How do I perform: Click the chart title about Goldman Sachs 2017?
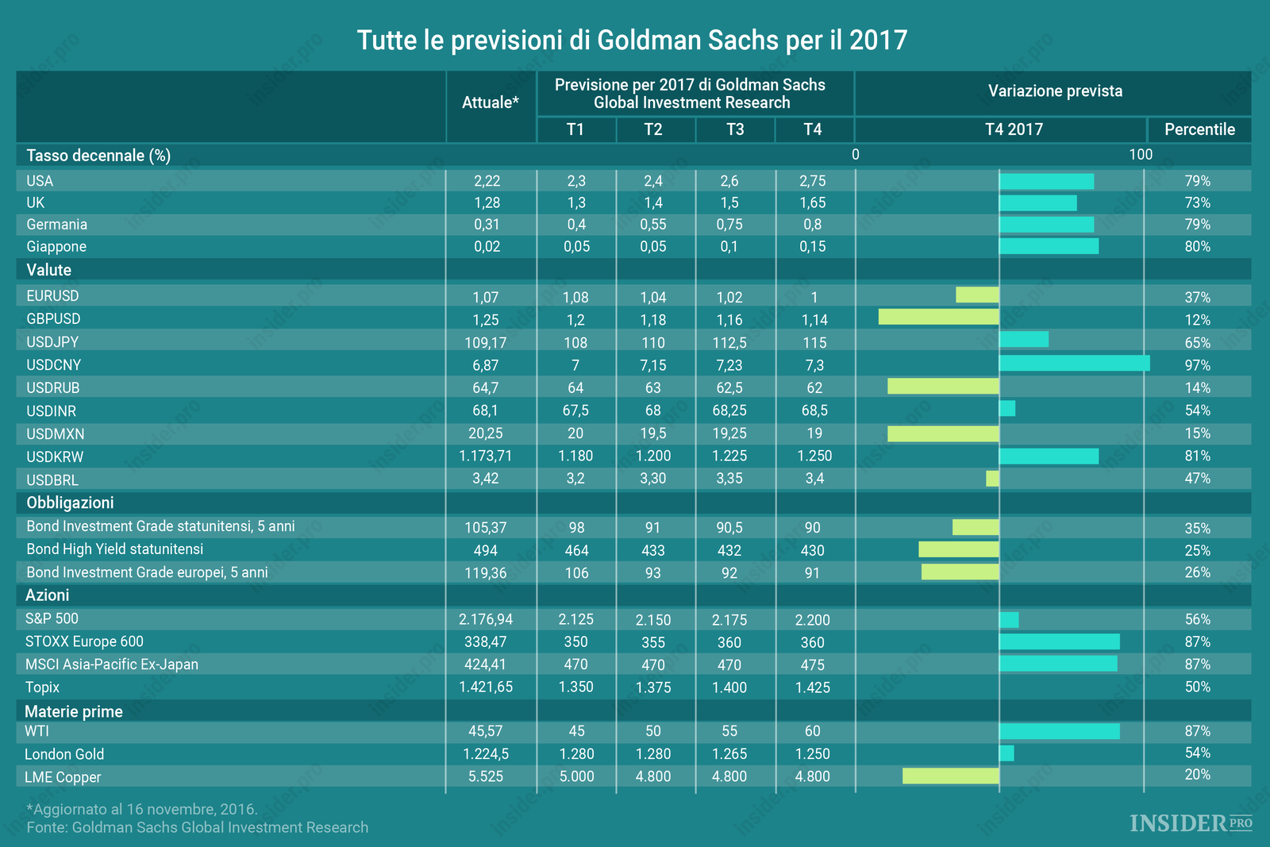632,40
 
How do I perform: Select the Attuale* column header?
491,102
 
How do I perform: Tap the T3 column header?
735,129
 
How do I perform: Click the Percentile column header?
1199,129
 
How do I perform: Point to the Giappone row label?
56,247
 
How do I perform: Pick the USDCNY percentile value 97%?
1197,365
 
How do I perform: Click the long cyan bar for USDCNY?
1074,364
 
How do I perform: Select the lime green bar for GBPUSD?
938,318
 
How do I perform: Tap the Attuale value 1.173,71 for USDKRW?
486,456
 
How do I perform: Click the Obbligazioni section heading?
70,502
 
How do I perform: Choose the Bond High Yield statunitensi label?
115,549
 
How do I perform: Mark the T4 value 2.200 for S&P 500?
812,620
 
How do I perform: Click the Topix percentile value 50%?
1197,687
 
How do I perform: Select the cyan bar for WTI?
1059,731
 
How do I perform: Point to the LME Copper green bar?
950,776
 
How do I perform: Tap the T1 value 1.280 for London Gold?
576,754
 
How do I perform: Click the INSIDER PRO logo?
1191,823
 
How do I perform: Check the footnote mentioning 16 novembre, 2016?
142,810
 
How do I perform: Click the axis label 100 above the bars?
1141,155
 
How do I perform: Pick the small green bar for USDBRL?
992,479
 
